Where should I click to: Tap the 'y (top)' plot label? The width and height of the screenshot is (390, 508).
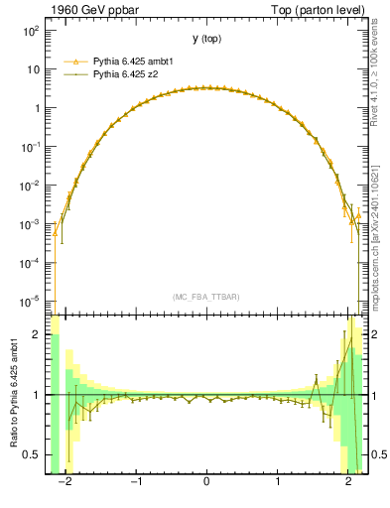coord(205,39)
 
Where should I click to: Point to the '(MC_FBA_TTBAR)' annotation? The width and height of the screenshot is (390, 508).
coord(205,297)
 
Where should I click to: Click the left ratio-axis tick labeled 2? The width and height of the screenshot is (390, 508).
coord(37,335)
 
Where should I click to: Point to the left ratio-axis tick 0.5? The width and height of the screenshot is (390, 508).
coord(33,455)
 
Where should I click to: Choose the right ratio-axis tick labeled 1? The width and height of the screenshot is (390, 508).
coord(374,395)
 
